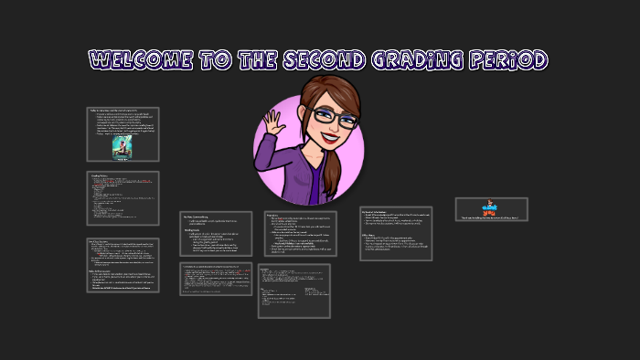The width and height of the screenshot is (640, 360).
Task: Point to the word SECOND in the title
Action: (x=330, y=60)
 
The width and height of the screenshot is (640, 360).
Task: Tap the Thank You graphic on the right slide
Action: (x=492, y=206)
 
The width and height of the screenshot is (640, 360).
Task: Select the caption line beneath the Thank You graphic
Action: (x=492, y=217)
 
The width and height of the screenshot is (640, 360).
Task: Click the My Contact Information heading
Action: (x=379, y=210)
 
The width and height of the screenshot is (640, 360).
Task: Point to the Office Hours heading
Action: (x=371, y=234)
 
